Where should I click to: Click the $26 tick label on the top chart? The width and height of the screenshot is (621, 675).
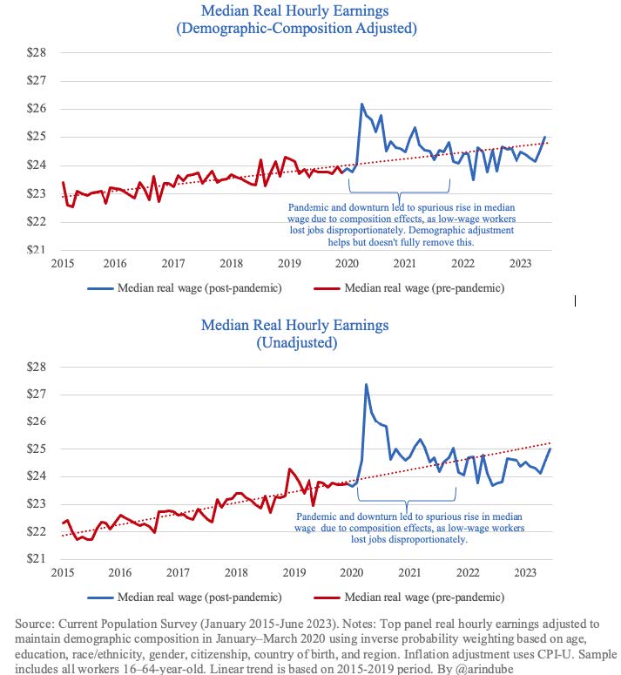37,108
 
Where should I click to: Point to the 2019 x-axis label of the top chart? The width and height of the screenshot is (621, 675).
289,263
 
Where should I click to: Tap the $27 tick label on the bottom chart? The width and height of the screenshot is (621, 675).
37,394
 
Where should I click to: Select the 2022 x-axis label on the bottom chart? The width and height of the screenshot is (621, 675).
468,572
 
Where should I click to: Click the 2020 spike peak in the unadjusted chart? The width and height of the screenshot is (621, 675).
366,384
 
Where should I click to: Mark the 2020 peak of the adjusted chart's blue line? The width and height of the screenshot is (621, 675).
362,105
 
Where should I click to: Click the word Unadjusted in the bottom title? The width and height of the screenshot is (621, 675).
296,342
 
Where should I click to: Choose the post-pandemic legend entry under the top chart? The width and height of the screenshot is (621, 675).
185,288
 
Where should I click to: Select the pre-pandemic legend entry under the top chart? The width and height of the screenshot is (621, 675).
409,288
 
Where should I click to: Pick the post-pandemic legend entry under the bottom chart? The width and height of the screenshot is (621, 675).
185,597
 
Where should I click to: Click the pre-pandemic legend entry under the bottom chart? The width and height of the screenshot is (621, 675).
409,597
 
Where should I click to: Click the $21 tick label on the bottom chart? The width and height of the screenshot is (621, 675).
37,558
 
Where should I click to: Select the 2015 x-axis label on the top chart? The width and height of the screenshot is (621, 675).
63,263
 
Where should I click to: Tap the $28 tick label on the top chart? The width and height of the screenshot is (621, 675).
37,52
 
